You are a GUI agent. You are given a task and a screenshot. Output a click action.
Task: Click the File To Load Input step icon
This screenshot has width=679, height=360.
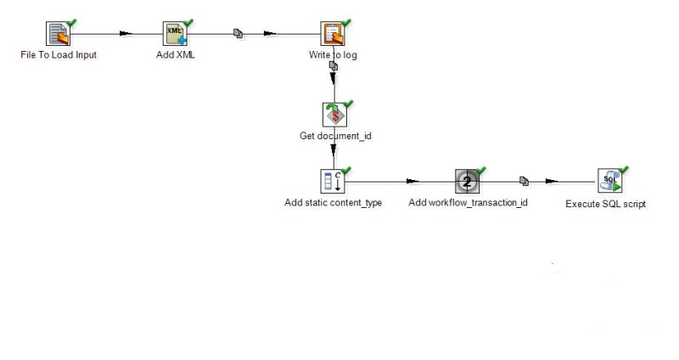[56, 34]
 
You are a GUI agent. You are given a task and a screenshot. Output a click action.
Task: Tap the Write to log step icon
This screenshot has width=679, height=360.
[331, 34]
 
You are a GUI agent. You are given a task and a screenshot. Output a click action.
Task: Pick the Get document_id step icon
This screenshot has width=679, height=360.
[334, 114]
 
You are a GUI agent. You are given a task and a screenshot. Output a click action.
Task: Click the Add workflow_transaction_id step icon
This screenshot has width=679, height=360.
[466, 181]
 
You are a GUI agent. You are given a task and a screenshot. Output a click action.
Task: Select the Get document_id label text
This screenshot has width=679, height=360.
[335, 136]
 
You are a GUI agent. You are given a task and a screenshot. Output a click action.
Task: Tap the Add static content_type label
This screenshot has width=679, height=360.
[333, 204]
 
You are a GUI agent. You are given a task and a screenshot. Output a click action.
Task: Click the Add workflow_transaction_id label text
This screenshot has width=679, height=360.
[468, 204]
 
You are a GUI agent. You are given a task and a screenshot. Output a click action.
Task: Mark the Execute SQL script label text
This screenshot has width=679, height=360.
[605, 205]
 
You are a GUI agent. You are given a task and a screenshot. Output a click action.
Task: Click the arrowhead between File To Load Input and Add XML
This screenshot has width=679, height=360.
[126, 34]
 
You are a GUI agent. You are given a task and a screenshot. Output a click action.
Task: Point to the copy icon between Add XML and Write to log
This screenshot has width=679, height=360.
[239, 34]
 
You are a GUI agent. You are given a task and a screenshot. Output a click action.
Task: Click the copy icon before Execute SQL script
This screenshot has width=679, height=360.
[525, 181]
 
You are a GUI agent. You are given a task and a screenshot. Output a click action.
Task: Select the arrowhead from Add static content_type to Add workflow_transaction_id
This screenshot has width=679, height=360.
[412, 181]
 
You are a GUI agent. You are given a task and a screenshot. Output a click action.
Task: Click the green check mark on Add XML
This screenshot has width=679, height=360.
[188, 22]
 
